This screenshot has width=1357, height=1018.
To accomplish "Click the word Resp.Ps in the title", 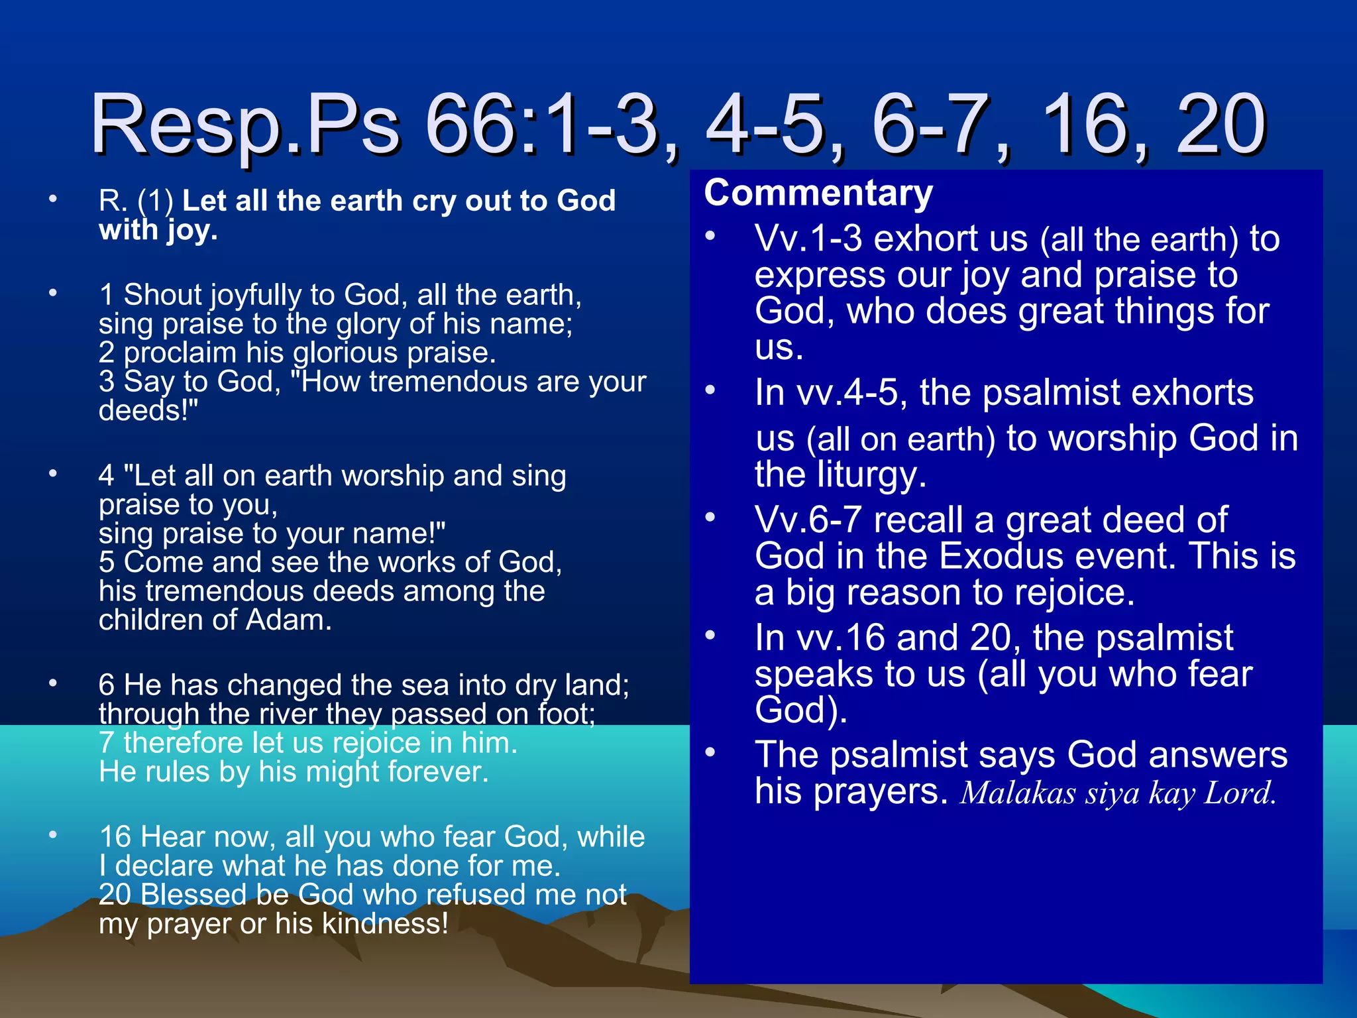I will tap(245, 126).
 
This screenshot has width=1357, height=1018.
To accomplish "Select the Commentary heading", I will tap(818, 193).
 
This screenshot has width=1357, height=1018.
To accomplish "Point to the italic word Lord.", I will tap(1240, 793).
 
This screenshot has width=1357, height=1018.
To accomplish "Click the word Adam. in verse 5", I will tap(289, 620).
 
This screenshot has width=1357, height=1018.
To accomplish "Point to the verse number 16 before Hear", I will tap(115, 837).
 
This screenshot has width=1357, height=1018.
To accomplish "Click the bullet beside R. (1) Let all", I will tap(53, 198).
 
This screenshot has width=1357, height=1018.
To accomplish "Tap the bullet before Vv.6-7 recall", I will tap(710, 517).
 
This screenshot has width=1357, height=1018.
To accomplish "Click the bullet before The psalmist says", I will tap(710, 752).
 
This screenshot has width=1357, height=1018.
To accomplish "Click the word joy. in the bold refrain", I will tap(191, 231).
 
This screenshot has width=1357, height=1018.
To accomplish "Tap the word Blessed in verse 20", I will tap(193, 895).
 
